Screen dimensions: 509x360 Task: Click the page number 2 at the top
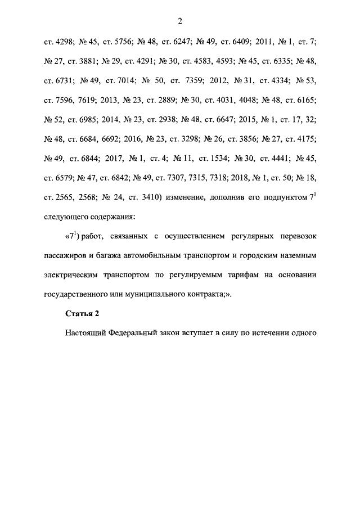coord(180,21)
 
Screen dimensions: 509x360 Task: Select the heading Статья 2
coord(80,313)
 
